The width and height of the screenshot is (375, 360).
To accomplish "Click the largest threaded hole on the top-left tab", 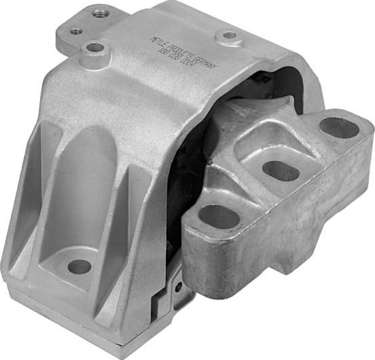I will [101, 13].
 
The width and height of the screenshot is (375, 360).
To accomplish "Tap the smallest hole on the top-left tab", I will [76, 30].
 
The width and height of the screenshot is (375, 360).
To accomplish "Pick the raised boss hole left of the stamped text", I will [95, 48].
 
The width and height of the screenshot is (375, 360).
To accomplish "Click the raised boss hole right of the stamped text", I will [230, 35].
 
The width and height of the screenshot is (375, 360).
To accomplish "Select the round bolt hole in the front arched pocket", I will [79, 267].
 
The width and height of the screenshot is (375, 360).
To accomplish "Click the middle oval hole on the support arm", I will [280, 170].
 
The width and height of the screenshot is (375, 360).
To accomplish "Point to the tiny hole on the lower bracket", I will [178, 287].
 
